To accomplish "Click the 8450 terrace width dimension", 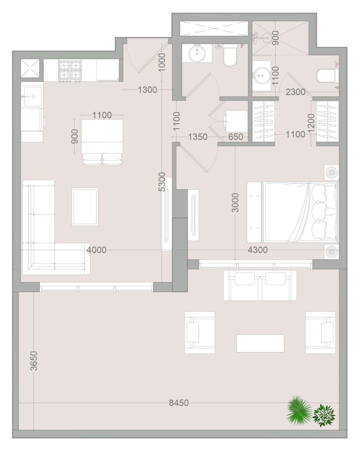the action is (179, 403).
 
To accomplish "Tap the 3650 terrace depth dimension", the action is (34, 361).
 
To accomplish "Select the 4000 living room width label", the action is (97, 249).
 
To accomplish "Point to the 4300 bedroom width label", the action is (258, 249).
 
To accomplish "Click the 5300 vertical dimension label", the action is (162, 182).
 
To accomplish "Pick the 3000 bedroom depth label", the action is (236, 203).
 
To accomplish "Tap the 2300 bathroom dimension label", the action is (296, 92).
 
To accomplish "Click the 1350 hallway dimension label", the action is (198, 136).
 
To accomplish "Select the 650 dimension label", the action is (236, 136).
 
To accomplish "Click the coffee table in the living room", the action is (85, 207).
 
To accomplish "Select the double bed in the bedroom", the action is (300, 212).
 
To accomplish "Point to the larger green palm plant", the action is (298, 410).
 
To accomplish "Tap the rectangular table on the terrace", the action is (260, 343).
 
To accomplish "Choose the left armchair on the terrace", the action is (199, 332).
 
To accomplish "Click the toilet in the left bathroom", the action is (230, 56).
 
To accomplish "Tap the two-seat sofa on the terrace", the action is (260, 285).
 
